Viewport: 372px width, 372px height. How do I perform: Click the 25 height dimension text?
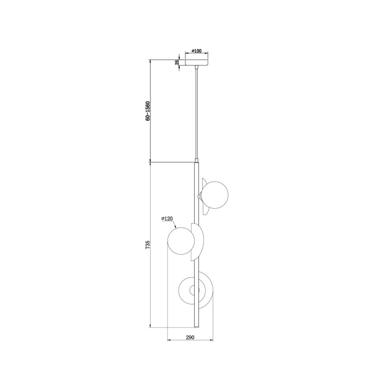pos(177,63)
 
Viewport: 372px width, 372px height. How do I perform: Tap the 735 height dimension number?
pos(148,246)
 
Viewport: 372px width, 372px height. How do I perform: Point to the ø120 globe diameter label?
pos(166,218)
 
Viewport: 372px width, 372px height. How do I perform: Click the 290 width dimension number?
pos(190,338)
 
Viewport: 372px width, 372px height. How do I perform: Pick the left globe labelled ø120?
pos(180,241)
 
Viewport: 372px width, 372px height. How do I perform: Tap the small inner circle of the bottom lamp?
pos(191,291)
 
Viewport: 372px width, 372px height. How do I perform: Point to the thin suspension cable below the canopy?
pos(196,112)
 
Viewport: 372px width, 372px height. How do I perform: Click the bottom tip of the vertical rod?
pos(196,327)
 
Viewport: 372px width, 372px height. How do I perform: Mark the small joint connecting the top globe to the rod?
pos(199,196)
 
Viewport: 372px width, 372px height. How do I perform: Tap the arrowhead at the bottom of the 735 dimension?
pos(151,325)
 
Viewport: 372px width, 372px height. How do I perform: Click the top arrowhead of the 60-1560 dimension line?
pos(151,61)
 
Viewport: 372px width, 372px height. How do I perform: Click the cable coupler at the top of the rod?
pos(196,162)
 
